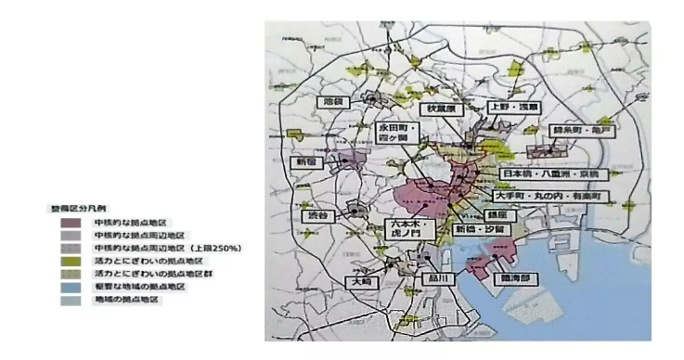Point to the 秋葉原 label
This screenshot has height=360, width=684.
click(441, 109)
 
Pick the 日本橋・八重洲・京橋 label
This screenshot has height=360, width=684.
click(553, 174)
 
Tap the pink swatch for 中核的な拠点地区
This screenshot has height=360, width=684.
click(70, 223)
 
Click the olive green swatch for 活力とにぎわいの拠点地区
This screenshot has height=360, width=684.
click(70, 263)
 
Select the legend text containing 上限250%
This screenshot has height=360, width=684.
click(167, 249)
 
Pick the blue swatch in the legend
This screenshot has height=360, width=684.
click(70, 288)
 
